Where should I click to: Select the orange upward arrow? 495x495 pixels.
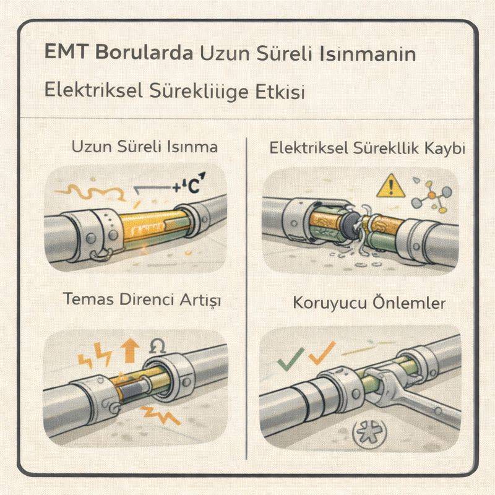(129, 351)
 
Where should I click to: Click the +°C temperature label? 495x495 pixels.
(189, 186)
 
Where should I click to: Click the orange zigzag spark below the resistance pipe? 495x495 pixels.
(163, 416)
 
